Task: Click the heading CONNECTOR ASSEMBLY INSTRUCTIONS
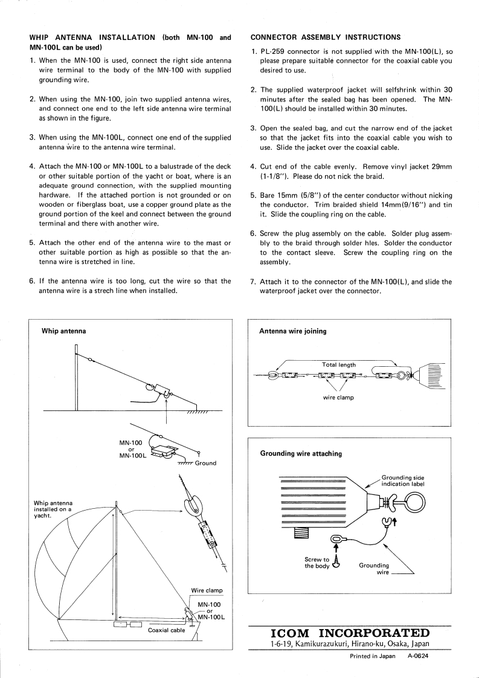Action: (x=325, y=37)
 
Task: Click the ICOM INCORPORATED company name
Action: (x=350, y=633)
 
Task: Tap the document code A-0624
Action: (x=417, y=656)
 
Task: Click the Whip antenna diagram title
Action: (x=63, y=331)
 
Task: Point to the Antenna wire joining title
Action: (x=293, y=331)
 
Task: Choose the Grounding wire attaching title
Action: (x=300, y=453)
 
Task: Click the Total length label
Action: (x=339, y=365)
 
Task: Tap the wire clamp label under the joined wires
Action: (x=338, y=398)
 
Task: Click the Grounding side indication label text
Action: (x=403, y=480)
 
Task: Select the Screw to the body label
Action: (x=317, y=563)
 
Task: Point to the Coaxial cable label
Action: (x=166, y=630)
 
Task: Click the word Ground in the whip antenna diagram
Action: (x=205, y=463)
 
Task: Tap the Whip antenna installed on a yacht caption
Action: (x=53, y=509)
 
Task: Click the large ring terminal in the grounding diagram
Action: (x=414, y=502)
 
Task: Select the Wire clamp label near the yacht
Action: (x=207, y=590)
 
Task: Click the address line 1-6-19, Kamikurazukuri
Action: (x=350, y=644)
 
